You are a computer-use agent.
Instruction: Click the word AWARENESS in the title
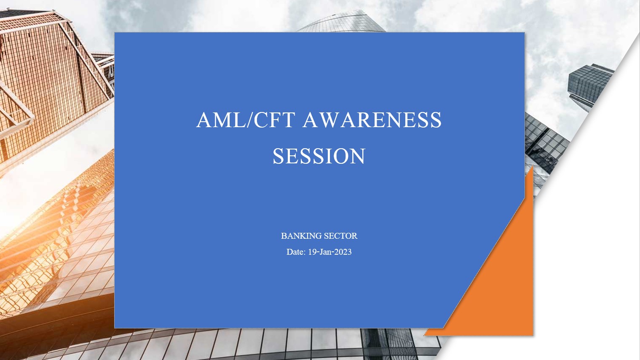[x=372, y=120]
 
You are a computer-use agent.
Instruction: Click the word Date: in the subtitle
[x=296, y=252]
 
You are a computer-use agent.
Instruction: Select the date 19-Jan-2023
[x=330, y=252]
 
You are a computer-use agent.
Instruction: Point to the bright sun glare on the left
[x=11, y=217]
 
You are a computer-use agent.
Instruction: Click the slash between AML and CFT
[x=250, y=120]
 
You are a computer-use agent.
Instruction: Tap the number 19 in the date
[x=312, y=252]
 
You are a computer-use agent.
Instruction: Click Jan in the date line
[x=325, y=252]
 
